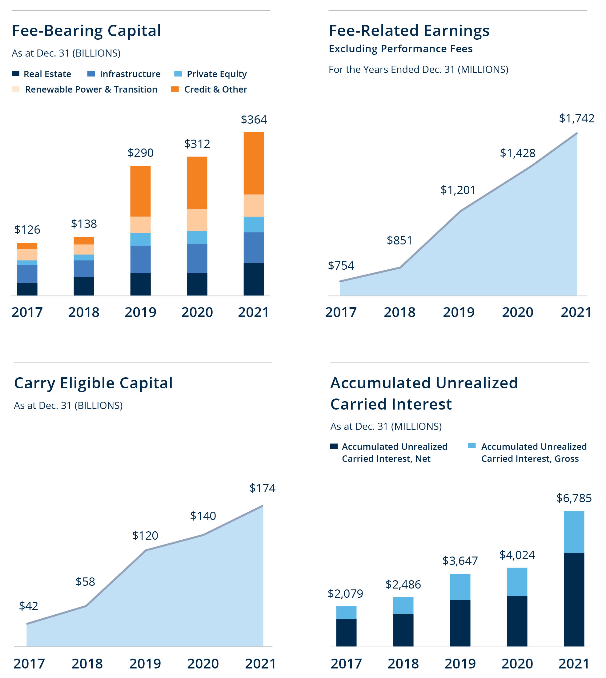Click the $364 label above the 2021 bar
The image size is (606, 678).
coord(254,120)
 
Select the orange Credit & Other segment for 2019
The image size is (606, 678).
coord(140,191)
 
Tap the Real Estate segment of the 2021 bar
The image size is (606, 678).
coord(254,279)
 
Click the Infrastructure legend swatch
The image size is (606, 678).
coord(91,74)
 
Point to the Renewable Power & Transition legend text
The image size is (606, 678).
coord(91,89)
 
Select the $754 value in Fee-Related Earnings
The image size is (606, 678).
coord(341,265)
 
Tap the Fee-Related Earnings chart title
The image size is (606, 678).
coord(409,31)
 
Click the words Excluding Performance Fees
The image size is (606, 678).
coord(400,49)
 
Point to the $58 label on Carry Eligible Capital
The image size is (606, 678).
coord(85,581)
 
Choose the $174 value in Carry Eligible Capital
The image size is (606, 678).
coord(263,488)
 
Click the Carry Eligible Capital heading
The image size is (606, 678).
coord(93,383)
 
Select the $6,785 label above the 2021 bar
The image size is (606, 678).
coord(574,498)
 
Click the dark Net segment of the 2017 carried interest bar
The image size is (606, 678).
coord(346,632)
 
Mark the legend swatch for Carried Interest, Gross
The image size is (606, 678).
coord(472,446)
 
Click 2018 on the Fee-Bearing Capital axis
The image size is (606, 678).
coord(84,312)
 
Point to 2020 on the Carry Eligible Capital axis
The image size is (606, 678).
coord(203,664)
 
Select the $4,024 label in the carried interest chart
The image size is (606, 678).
coord(517,555)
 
